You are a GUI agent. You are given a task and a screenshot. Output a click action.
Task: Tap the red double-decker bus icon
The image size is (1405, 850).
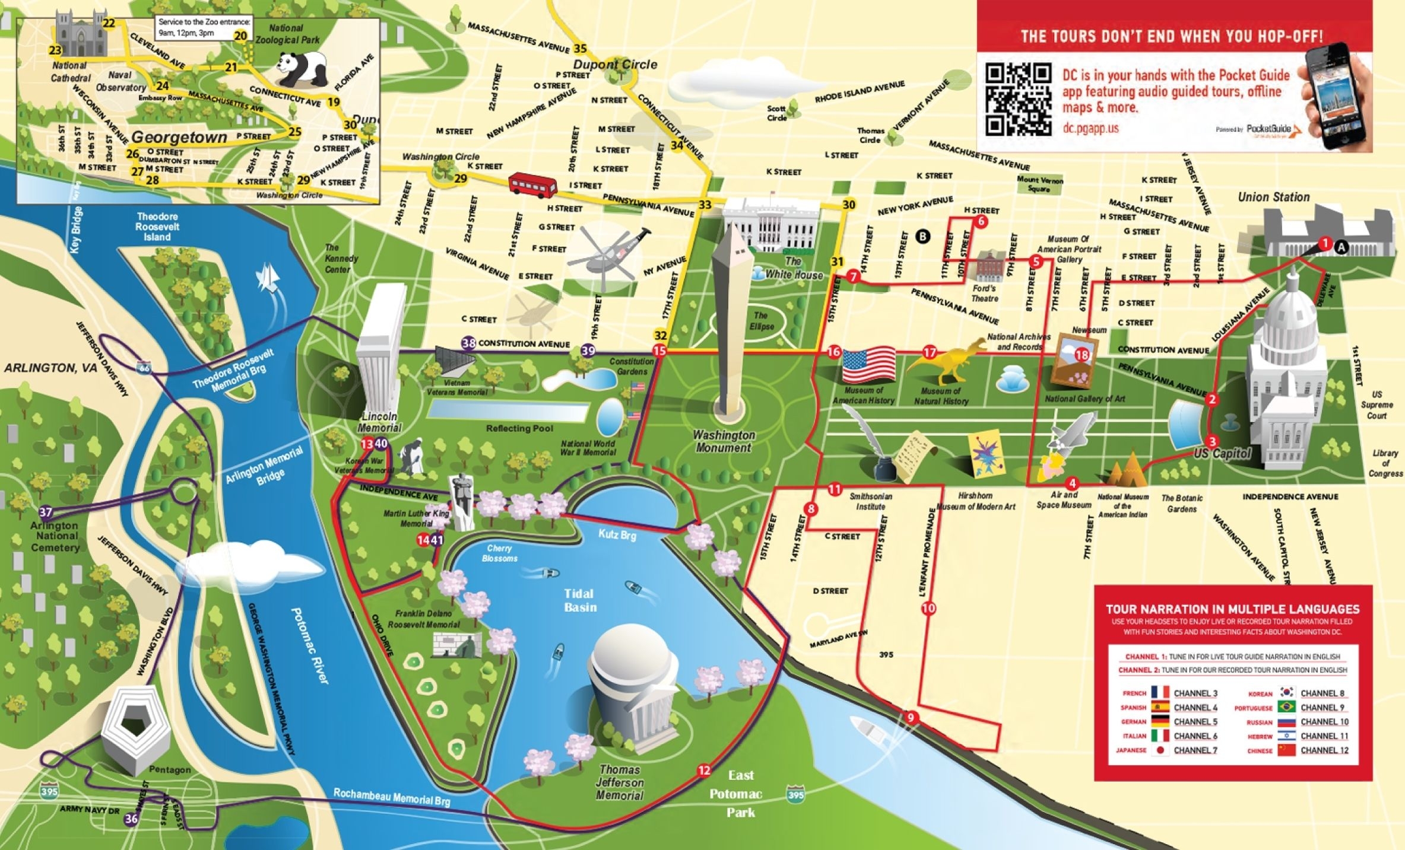pyautogui.click(x=532, y=184)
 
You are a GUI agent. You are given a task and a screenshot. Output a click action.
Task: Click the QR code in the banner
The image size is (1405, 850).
pyautogui.click(x=1018, y=99)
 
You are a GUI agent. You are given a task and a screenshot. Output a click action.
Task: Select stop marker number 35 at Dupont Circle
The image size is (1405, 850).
pyautogui.click(x=580, y=49)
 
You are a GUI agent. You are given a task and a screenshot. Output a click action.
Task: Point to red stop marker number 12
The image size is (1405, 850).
pyautogui.click(x=704, y=771)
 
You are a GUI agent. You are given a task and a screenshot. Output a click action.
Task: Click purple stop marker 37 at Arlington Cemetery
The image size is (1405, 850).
pyautogui.click(x=46, y=512)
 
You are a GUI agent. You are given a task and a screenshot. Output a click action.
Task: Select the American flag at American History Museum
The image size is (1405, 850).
pyautogui.click(x=868, y=365)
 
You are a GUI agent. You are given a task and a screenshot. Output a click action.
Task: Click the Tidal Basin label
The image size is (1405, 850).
pyautogui.click(x=580, y=600)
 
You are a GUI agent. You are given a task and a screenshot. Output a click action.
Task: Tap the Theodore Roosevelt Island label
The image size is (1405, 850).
pyautogui.click(x=157, y=227)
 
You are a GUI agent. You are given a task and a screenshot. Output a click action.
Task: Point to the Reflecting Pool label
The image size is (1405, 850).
pyautogui.click(x=519, y=428)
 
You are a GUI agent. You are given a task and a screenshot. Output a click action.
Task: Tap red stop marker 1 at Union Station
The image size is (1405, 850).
pyautogui.click(x=1324, y=243)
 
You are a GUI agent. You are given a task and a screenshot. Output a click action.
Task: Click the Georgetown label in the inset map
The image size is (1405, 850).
pyautogui.click(x=179, y=138)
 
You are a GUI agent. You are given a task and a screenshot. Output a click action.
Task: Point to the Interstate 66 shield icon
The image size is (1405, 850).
pyautogui.click(x=145, y=368)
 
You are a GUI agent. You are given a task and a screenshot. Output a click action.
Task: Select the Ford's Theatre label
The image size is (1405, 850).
pyautogui.click(x=984, y=293)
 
